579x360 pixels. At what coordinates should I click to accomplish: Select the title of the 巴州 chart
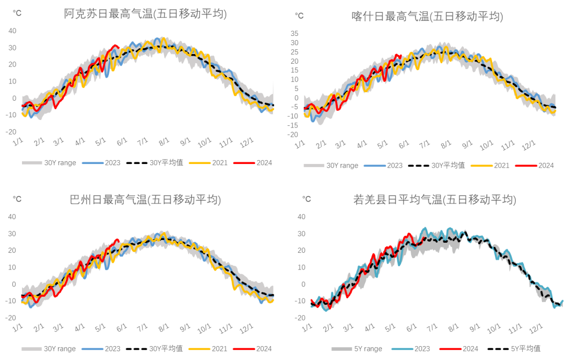(145, 200)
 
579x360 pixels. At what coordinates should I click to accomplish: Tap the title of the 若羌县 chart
(435, 200)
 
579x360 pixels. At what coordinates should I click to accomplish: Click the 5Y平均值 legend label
(525, 349)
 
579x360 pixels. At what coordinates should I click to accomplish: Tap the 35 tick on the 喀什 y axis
(294, 33)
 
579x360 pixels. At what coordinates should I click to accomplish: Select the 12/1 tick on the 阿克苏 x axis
(247, 144)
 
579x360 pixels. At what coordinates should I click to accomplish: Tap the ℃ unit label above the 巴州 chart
(17, 199)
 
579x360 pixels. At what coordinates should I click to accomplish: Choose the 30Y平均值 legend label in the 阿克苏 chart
(166, 163)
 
